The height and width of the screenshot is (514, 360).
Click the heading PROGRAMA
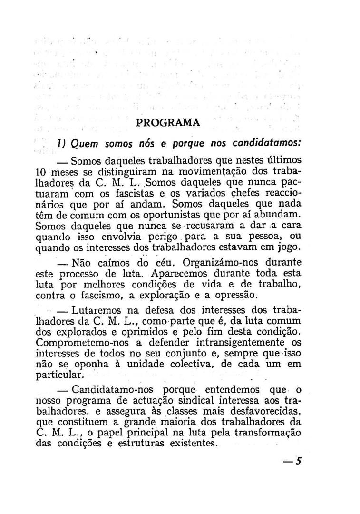click(x=168, y=122)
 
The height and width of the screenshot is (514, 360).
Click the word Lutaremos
click(x=94, y=311)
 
